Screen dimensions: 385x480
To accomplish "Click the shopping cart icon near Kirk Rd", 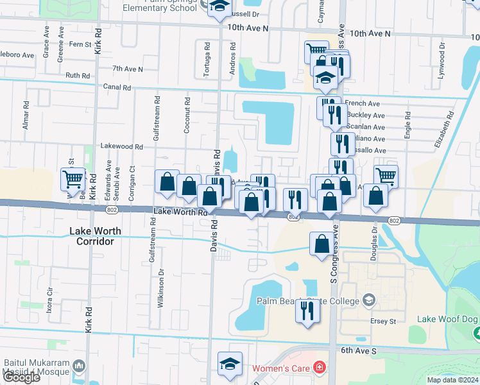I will point(73,180).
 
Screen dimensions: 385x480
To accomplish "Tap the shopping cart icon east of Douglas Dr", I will point(386,176).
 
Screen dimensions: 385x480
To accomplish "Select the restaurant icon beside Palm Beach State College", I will point(307,311).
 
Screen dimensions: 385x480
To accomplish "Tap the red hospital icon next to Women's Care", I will point(319,368).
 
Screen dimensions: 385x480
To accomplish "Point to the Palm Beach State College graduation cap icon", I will point(369,300).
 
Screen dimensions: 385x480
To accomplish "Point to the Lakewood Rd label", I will point(121,146).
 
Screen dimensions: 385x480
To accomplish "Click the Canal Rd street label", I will point(117,87).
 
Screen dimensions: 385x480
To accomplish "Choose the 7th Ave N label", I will point(127,68).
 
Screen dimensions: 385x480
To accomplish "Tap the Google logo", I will point(21,377).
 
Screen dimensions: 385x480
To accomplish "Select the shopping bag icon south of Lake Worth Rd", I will point(321,244).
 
